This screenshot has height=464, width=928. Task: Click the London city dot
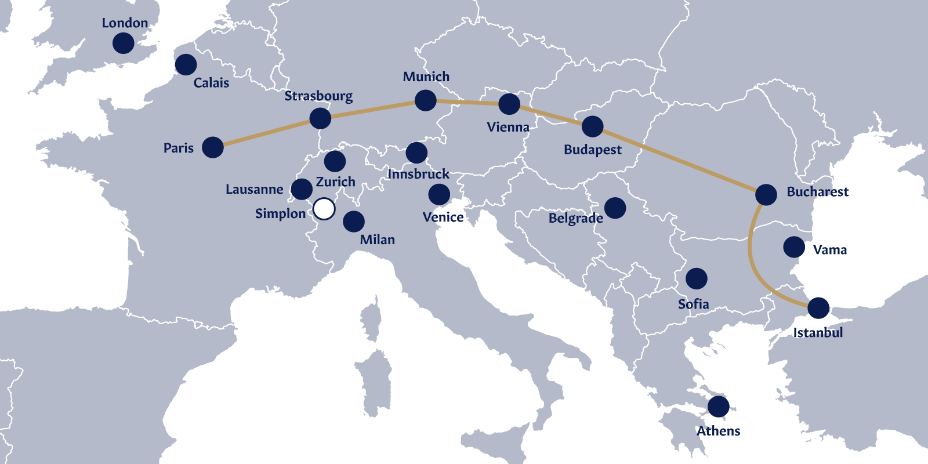coord(123,43)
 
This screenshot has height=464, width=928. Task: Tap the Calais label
coord(211,83)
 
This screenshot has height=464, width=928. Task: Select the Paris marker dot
coord(213,147)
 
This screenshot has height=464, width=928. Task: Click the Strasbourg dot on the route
coord(320,118)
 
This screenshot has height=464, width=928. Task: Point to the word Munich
coord(426,77)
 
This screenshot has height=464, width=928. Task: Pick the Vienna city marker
coord(509,104)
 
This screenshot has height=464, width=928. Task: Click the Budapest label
coord(592,150)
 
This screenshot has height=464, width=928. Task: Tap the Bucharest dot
coord(766,194)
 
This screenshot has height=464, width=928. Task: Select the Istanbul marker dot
coord(818,308)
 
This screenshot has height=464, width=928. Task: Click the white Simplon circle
coord(324,209)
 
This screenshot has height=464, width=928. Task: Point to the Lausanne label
coord(254,190)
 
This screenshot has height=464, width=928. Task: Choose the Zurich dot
coord(335,161)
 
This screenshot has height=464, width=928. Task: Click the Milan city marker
coord(354,221)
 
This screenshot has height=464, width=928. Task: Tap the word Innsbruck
coord(418,174)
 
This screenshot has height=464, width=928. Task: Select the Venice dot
coord(439,194)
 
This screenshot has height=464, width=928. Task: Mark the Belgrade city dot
coord(615,207)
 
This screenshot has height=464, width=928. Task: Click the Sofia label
coord(693,304)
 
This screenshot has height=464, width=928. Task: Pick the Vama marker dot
coord(794,247)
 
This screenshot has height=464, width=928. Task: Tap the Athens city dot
coord(718,407)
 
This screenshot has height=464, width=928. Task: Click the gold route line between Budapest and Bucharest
coord(679,160)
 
